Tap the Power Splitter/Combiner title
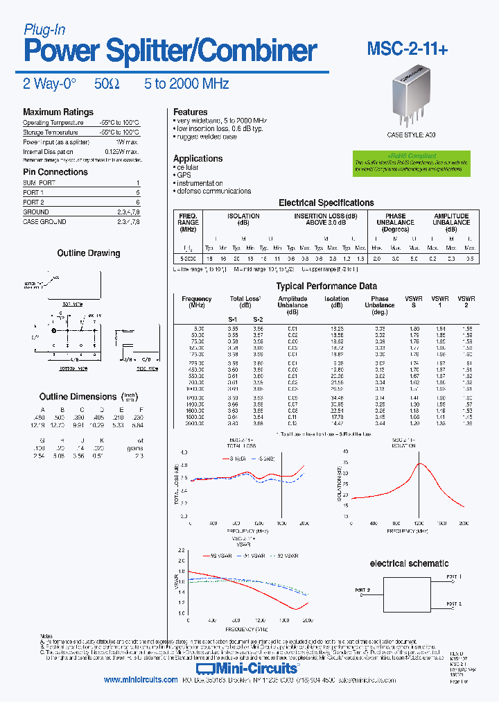[x=170, y=51]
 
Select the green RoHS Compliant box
[x=407, y=163]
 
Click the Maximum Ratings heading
[x=58, y=112]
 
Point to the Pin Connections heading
[x=55, y=172]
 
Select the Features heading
[x=190, y=112]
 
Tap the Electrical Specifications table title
[x=326, y=203]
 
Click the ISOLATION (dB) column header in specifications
[x=243, y=219]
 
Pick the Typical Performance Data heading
[x=326, y=286]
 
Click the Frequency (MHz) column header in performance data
[x=196, y=302]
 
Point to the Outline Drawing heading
[x=88, y=253]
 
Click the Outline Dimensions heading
[x=78, y=397]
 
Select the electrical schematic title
[x=409, y=563]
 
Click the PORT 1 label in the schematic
[x=453, y=576]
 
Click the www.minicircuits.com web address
[x=141, y=680]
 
